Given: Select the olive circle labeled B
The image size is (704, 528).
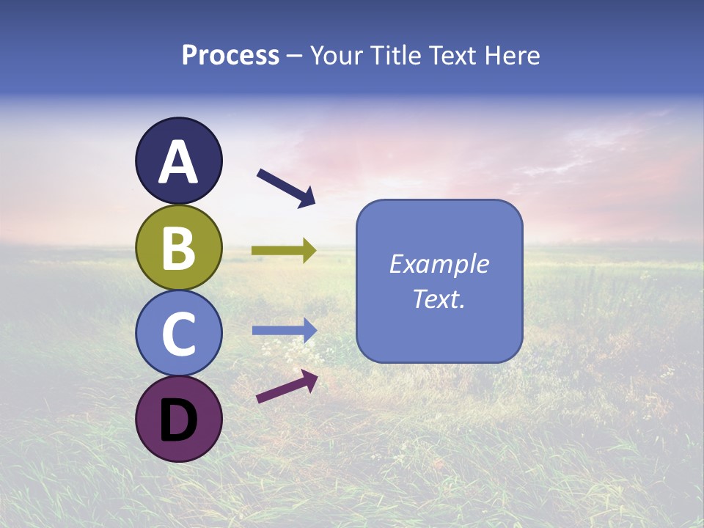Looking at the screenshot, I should (178, 248).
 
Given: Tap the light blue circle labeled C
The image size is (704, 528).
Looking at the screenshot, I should (178, 334).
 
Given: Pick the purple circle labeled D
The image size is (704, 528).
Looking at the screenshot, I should (178, 419).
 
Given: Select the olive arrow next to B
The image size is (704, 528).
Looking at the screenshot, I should (284, 251).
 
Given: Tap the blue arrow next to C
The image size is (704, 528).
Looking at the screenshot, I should (284, 330).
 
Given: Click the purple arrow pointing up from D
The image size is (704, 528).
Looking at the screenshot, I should (287, 386).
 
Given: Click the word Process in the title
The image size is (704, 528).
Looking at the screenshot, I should (230, 56).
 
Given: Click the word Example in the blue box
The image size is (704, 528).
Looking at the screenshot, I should (439, 264).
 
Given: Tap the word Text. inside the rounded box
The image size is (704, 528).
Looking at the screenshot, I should (439, 298).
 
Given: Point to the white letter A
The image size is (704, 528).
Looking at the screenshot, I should (178, 163).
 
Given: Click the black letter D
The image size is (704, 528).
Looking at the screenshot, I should (178, 421).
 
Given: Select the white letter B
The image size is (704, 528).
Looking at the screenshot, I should (178, 248).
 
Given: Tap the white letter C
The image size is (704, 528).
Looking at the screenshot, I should (178, 334).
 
